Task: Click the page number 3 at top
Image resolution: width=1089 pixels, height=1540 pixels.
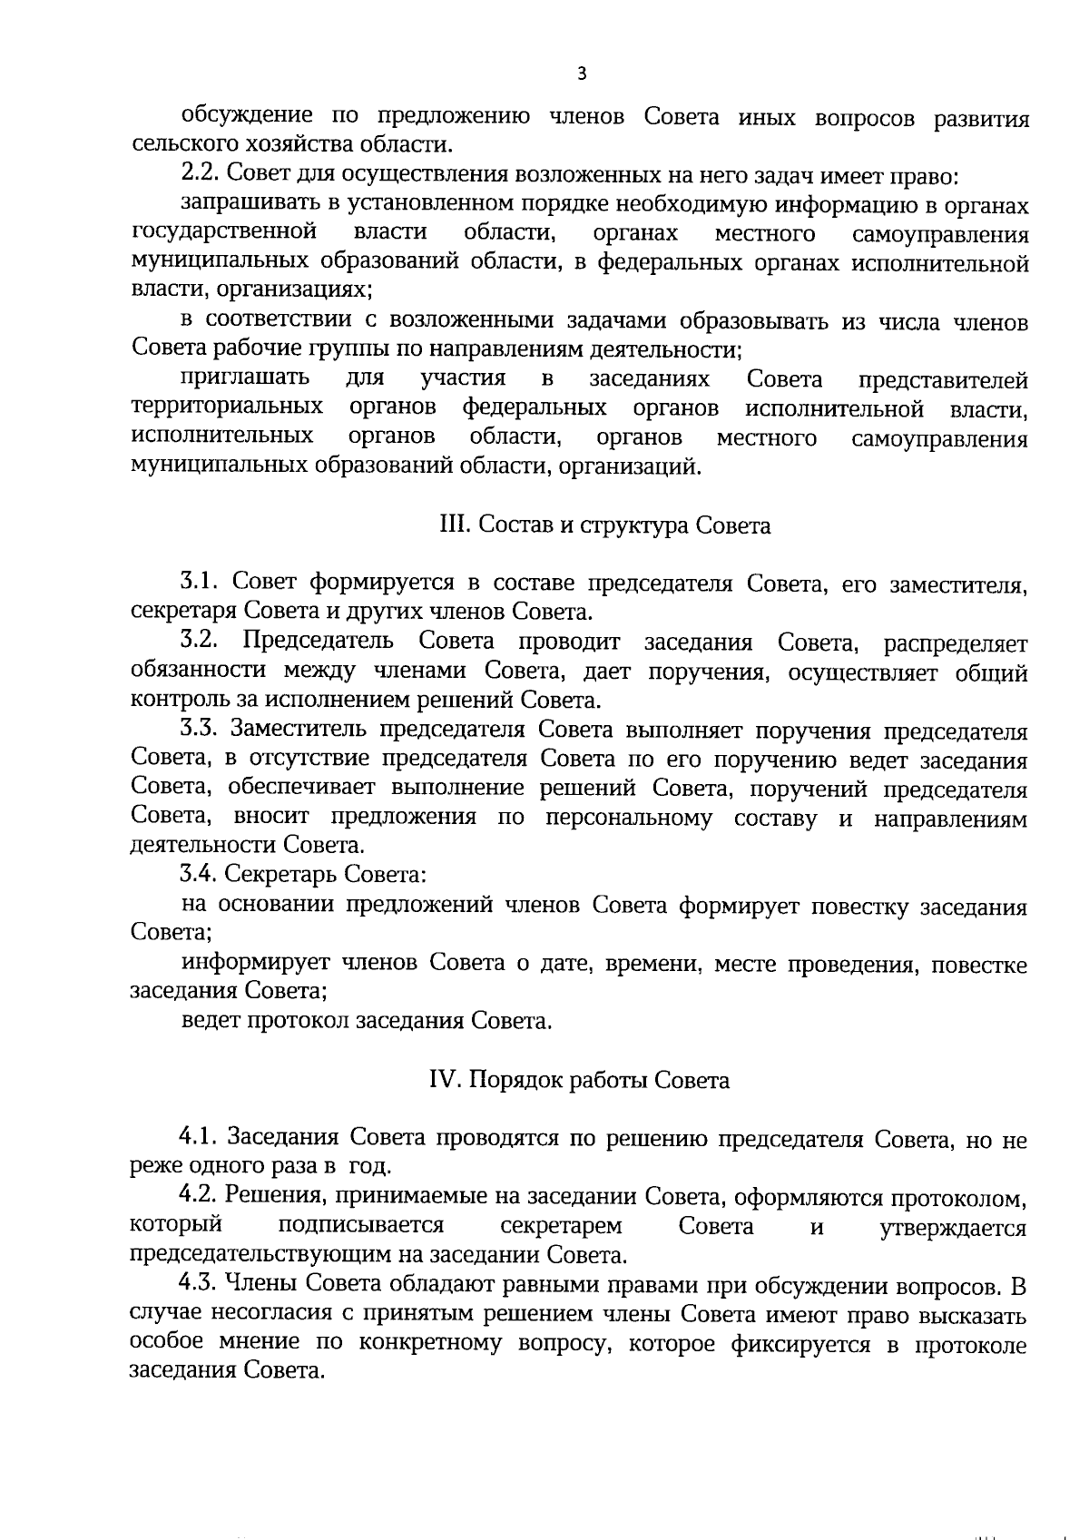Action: coord(582,74)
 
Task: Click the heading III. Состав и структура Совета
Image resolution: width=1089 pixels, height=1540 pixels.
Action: coord(604,525)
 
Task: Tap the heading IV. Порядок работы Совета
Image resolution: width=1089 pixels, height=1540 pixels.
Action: coord(579,1081)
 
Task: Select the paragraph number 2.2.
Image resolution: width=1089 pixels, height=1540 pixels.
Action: coord(198,173)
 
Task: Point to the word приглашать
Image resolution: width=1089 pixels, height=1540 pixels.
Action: coord(246,378)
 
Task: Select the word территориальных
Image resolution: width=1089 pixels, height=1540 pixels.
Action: coord(227,407)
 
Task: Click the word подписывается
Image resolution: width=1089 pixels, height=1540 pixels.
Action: coord(361,1227)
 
